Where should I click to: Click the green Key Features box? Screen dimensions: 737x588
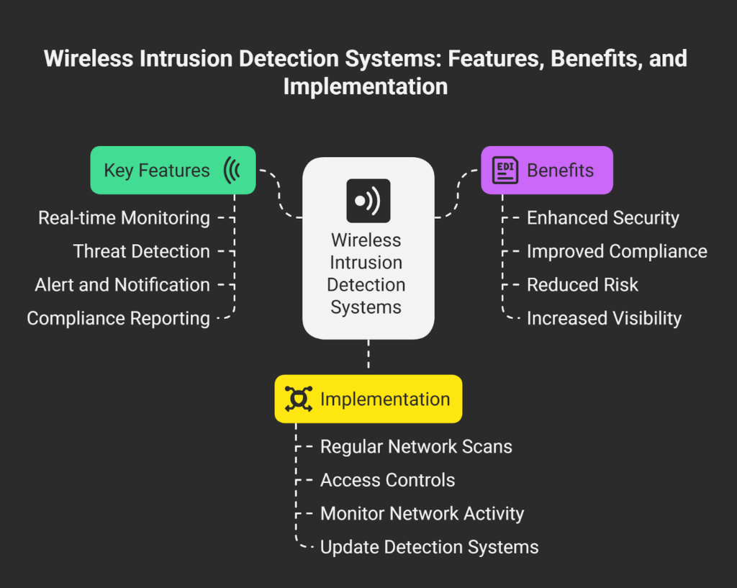point(173,170)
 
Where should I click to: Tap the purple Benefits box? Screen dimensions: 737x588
point(547,170)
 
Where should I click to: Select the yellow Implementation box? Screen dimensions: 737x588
point(368,399)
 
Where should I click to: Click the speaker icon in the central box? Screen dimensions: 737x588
point(368,201)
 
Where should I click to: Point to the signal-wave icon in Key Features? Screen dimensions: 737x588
point(232,170)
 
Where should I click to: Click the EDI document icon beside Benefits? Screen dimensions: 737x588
point(505,170)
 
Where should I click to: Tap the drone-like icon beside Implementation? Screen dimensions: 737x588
point(299,399)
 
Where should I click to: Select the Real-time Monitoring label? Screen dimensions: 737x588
point(124,218)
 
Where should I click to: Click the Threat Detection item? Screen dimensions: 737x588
point(142,251)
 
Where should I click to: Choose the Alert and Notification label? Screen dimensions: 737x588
point(122,285)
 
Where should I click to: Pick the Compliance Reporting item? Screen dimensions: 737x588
point(119,319)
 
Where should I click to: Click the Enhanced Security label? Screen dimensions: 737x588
point(603,218)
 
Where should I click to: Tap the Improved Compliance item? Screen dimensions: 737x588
point(617,251)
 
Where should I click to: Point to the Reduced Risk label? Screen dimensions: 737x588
point(582,285)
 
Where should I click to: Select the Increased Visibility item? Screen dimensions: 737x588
point(604,319)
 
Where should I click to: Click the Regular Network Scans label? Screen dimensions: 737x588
point(416,447)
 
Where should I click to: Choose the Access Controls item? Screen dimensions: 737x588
point(388,480)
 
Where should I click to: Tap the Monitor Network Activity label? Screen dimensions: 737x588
point(422,514)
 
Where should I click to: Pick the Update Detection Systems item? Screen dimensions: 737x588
point(429,548)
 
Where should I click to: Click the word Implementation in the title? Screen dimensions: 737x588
point(366,87)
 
